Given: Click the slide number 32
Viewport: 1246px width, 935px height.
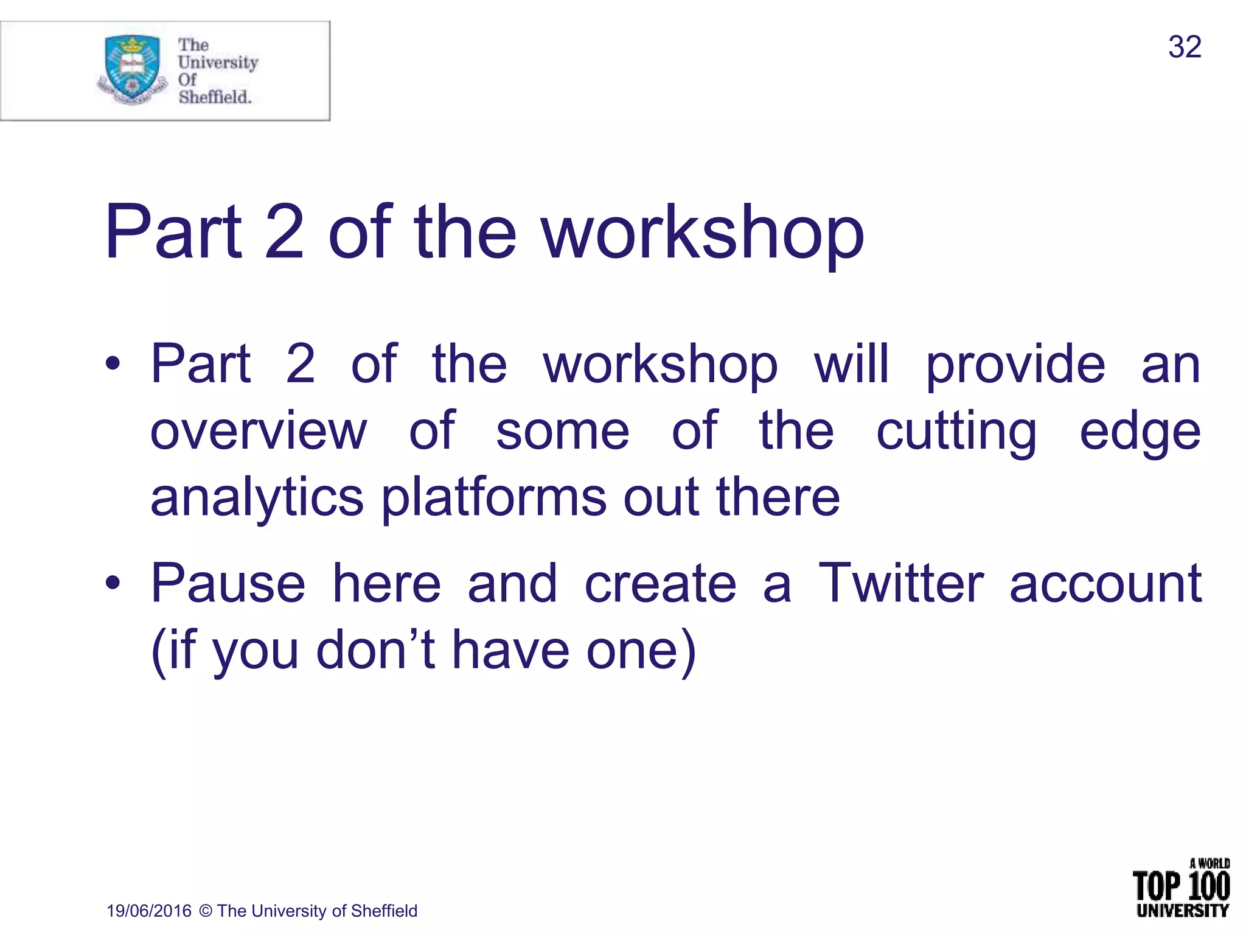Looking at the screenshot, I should pos(1184,47).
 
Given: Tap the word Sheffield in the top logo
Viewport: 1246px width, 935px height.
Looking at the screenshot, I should pos(214,97).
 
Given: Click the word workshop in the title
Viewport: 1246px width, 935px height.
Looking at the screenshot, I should pos(703,233).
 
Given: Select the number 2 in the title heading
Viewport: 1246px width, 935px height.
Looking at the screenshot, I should pos(284,233).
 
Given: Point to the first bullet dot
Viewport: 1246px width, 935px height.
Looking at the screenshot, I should pos(113,364).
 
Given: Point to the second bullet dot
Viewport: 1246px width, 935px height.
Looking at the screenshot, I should pos(113,583).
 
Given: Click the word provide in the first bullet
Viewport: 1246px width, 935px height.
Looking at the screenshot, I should pos(1015,365).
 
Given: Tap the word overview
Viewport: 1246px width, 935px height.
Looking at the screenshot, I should pos(259,431).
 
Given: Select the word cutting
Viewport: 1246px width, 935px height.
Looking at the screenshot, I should pos(956,432).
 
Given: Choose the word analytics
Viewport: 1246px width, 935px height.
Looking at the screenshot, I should pos(257,498).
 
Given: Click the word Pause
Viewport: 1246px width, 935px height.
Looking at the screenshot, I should pos(228,583).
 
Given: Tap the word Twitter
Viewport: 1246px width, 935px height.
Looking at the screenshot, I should pos(900,583).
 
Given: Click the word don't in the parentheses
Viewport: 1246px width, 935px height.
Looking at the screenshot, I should pos(375,650).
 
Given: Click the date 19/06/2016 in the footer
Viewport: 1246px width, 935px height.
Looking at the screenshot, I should pos(148,911).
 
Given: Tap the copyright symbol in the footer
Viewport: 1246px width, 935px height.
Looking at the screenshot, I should pos(206,911).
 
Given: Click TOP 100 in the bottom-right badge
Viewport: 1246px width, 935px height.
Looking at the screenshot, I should pos(1180,886).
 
